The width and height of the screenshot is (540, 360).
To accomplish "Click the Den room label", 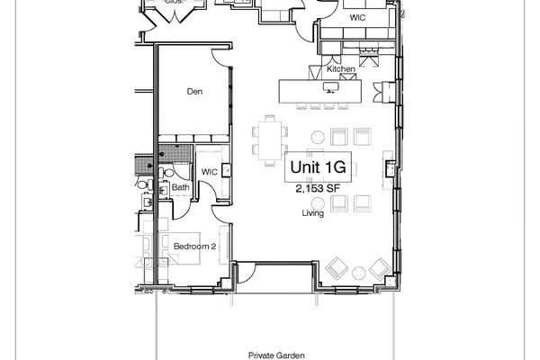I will coord(193,92).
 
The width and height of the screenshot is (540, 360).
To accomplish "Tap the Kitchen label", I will coord(341,69).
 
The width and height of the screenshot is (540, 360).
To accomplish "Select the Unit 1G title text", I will coord(318,168).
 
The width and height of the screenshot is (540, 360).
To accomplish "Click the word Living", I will coord(312,214).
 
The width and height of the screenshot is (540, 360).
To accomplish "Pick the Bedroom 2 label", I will coord(195,247).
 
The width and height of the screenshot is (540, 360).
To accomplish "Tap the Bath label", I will coord(180,188).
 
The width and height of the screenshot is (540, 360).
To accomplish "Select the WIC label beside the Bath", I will coord(209,171).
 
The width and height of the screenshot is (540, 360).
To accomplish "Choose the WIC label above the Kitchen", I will coord(357,17).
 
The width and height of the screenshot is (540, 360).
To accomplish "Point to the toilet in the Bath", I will coord(167,173).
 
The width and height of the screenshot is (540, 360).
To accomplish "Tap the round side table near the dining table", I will coord(318,137).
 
